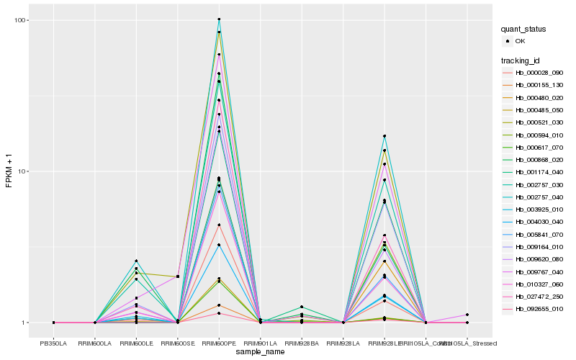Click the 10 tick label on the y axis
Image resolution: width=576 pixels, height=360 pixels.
20,171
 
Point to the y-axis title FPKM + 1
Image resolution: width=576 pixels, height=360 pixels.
9,171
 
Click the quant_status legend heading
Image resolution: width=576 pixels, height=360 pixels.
525,30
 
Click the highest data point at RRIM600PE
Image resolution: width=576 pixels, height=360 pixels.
219,19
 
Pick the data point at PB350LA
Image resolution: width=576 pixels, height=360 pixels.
54,323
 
